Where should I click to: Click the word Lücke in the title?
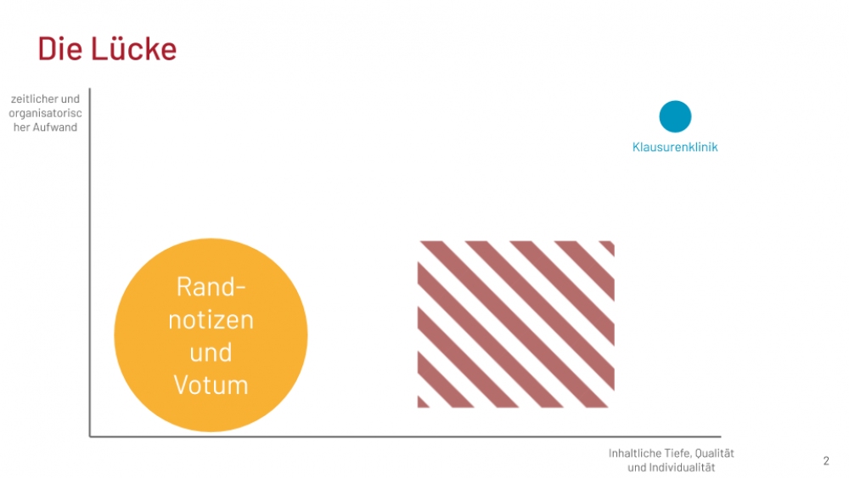click(134, 48)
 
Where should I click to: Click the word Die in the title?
click(59, 48)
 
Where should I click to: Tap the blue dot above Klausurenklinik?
click(675, 116)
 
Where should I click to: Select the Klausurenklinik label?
click(675, 147)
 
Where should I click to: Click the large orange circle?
click(211, 335)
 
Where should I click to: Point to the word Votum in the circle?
click(211, 385)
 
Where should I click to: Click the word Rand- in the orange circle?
click(211, 286)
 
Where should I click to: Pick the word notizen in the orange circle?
click(211, 319)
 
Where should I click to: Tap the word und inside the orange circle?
click(211, 352)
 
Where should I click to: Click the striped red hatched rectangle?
click(516, 324)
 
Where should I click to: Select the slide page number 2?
click(826, 461)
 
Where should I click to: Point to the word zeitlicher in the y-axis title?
click(35, 99)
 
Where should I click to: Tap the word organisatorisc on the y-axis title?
click(46, 113)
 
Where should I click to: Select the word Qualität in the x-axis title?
click(715, 453)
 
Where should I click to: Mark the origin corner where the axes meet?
click(90, 436)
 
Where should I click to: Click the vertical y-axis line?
click(90, 262)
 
